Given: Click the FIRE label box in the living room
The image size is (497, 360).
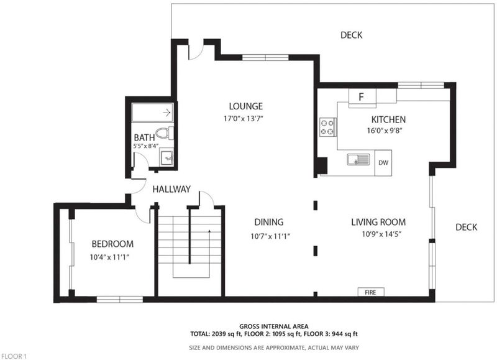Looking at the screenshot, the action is (371, 292).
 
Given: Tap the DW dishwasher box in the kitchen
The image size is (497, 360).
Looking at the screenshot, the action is (383, 163).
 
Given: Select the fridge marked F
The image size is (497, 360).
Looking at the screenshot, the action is (362, 97).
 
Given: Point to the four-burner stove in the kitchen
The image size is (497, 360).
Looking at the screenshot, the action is (328, 127).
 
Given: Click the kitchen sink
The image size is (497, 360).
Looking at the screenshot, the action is (358, 159).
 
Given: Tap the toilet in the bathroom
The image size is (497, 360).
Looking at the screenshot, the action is (165, 133).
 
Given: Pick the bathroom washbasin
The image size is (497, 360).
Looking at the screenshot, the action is (166, 158).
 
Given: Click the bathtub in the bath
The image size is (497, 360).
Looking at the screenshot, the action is (152, 113).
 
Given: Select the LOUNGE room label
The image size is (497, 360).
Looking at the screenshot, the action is (245, 106).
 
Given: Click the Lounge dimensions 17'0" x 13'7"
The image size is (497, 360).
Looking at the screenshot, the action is (244, 119).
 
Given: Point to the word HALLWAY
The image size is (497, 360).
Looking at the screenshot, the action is (171, 190).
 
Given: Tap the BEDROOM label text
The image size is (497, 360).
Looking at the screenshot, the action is (112, 244).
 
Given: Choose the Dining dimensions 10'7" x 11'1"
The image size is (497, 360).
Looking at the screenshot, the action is (270, 236).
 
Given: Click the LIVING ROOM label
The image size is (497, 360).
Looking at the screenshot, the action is (378, 222).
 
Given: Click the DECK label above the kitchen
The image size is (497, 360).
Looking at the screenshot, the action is (351, 35).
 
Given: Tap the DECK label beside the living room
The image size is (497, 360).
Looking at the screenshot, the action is (467, 227).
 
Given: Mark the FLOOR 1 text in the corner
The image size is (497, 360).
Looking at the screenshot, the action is (14, 356).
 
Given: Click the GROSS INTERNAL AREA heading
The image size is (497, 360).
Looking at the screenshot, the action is (274, 326).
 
